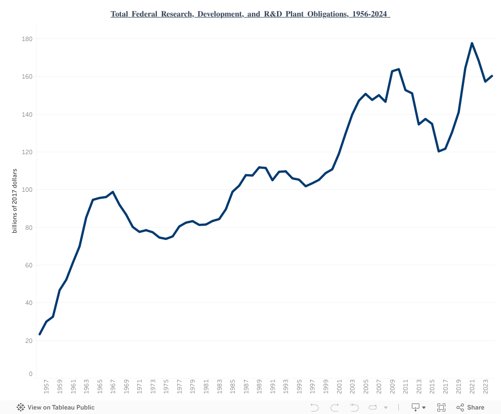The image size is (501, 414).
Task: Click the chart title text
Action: point(250,14)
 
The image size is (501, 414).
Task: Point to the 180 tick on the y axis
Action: point(27,39)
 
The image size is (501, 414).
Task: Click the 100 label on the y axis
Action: point(27,190)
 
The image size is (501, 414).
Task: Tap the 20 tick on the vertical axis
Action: point(29,341)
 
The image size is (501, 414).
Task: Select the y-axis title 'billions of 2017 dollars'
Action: point(15,201)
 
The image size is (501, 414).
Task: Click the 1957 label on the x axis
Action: point(46,388)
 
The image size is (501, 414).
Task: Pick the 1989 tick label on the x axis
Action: point(259,388)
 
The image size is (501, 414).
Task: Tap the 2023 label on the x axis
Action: point(485,388)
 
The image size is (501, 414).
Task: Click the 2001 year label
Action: point(339,388)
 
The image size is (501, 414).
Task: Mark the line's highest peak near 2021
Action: point(472,43)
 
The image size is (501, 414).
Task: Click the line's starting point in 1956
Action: point(40,334)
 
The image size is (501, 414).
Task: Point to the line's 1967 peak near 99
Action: point(113,192)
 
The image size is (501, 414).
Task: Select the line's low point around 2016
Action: point(439,151)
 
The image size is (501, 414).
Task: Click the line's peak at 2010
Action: point(399,69)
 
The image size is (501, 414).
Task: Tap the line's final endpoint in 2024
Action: point(492,76)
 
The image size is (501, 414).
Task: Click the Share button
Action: point(470,407)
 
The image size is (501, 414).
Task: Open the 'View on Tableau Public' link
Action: point(56,407)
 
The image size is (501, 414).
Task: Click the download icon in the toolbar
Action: point(416,407)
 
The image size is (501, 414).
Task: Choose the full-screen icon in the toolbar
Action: point(441,407)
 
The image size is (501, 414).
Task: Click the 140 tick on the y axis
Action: point(27,115)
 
